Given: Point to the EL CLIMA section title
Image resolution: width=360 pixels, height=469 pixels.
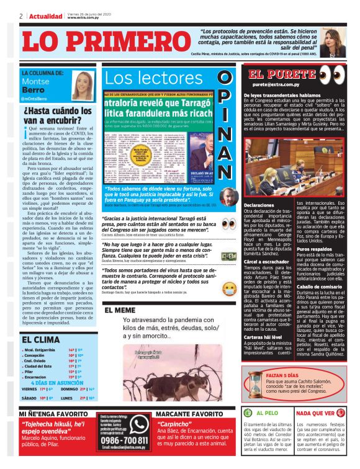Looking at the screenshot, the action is coord(42,340).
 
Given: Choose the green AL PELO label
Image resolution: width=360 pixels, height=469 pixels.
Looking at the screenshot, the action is coord(268,413).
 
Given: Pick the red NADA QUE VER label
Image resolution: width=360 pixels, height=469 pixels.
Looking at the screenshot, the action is coord(323,413).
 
